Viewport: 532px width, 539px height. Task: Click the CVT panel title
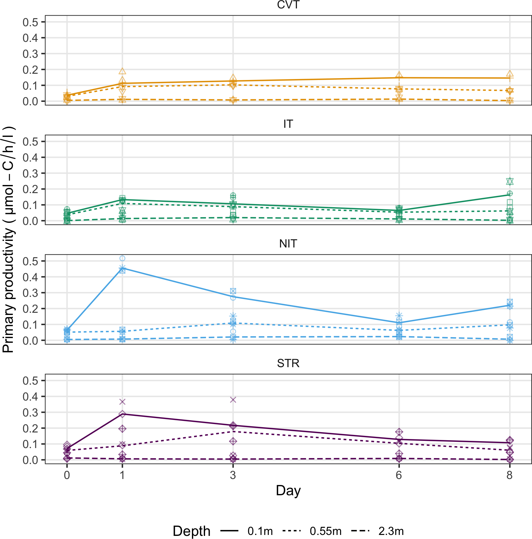click(288, 5)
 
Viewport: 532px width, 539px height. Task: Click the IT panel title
click(288, 124)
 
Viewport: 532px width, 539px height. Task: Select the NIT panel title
click(288, 244)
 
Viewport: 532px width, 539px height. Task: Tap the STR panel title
click(288, 363)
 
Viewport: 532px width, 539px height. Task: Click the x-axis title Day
click(288, 491)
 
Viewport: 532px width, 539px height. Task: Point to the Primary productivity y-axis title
click(8, 240)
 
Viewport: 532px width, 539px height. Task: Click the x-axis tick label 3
click(233, 475)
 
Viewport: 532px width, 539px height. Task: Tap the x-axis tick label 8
click(509, 475)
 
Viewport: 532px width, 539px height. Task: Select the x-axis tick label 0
click(67, 475)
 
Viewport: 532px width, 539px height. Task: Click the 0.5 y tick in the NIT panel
click(30, 261)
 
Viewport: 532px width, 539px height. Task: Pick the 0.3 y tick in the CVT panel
click(30, 54)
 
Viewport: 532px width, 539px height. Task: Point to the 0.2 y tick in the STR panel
click(30, 428)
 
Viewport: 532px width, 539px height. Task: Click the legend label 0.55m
click(325, 531)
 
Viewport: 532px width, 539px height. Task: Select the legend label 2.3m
click(391, 531)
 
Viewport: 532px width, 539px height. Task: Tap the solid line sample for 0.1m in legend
click(229, 531)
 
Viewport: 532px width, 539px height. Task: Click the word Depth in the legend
click(192, 531)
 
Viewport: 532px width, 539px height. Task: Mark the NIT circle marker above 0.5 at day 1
click(122, 258)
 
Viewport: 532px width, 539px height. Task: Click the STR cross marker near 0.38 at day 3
click(233, 400)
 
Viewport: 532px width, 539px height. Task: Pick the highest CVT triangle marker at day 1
click(122, 71)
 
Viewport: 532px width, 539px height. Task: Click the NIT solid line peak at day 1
click(122, 268)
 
